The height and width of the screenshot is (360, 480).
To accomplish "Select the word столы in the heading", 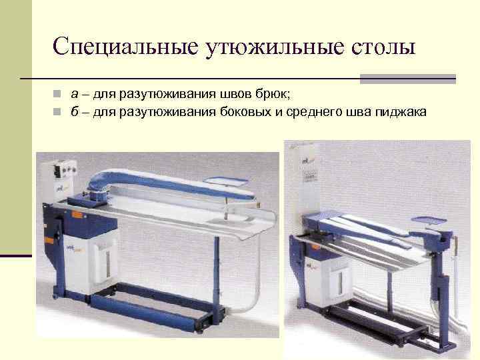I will tap(379, 47).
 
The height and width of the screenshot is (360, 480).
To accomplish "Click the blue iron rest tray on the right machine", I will tap(430, 218).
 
